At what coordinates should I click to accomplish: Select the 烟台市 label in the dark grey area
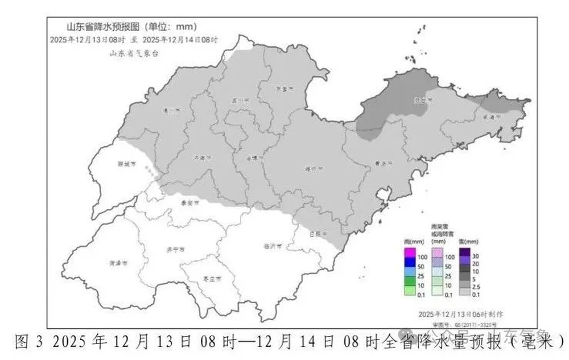(421, 100)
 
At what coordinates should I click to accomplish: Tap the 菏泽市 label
(119, 263)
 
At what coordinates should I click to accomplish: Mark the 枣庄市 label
(211, 280)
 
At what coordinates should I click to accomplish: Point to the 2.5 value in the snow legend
(477, 285)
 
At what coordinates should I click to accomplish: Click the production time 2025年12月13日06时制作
(460, 314)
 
